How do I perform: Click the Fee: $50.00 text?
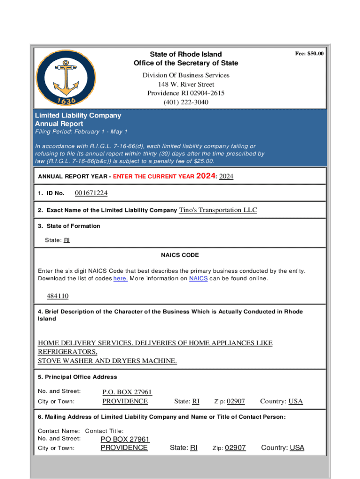click(309, 54)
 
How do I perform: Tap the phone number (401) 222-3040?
click(186, 102)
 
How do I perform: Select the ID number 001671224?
click(91, 193)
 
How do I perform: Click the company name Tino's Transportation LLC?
click(218, 210)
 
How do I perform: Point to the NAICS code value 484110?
click(58, 296)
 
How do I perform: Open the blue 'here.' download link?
click(120, 279)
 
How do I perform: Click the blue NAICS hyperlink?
click(198, 279)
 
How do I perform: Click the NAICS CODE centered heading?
click(180, 255)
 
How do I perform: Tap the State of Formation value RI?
click(66, 240)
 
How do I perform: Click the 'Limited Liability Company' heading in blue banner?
click(78, 115)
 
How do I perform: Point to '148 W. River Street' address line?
click(186, 84)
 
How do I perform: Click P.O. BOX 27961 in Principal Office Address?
click(127, 392)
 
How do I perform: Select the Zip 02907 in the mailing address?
click(235, 448)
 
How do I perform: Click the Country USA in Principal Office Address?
click(295, 401)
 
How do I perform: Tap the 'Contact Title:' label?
click(104, 431)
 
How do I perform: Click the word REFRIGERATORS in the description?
click(67, 352)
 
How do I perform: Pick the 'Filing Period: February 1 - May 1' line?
click(81, 132)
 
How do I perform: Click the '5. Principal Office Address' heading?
click(77, 377)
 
